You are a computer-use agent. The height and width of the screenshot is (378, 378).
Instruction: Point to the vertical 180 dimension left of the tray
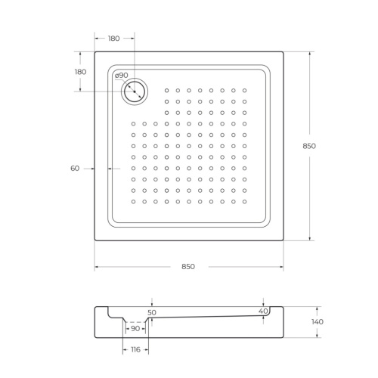click(81, 71)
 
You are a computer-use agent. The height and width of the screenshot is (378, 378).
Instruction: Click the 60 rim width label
click(75, 168)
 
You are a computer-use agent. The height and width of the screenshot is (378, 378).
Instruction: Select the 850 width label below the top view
click(188, 267)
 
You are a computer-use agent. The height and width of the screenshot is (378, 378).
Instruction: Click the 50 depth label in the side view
click(151, 312)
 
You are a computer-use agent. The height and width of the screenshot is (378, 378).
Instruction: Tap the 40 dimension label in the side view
click(263, 311)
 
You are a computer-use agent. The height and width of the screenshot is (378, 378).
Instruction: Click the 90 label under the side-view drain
click(135, 328)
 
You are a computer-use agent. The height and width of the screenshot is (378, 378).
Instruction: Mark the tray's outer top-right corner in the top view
click(283, 51)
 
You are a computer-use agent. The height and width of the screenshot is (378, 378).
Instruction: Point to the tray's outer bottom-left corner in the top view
click(94, 241)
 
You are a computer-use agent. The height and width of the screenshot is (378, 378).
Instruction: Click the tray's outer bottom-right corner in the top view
click(283, 241)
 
